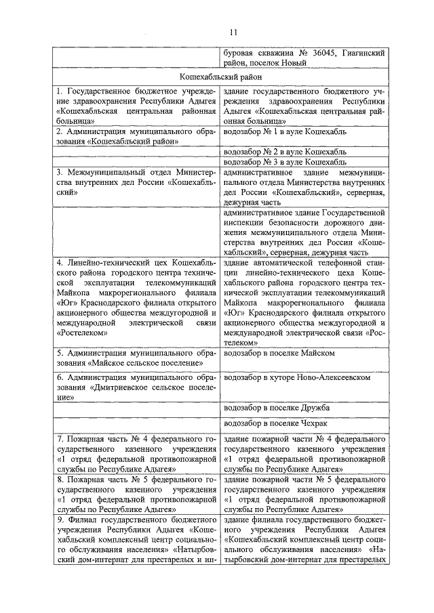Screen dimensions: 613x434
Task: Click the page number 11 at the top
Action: tap(233, 31)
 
